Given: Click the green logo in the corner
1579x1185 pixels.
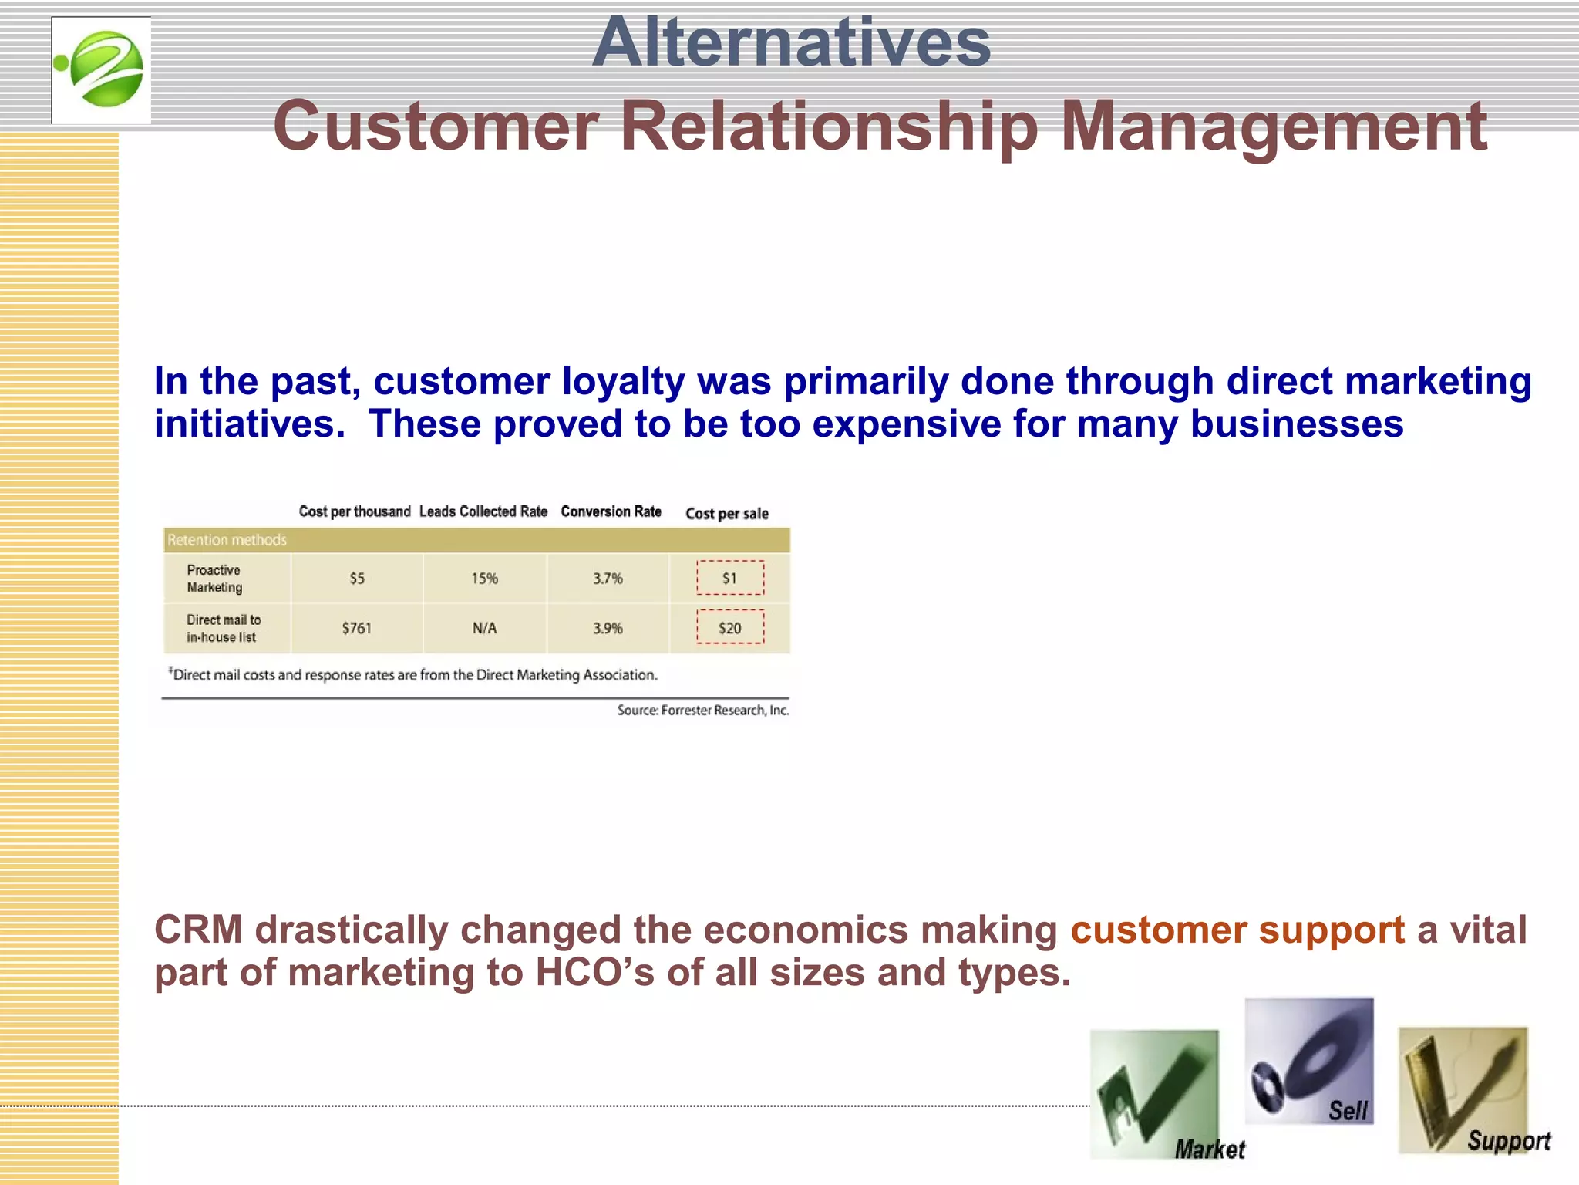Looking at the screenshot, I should [x=101, y=70].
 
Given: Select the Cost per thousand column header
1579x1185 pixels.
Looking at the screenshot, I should [x=355, y=511].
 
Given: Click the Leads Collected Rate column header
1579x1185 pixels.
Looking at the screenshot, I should [x=483, y=511].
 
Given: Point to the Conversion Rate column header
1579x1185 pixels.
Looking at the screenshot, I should [x=611, y=511].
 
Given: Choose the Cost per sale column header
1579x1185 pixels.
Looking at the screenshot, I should [x=726, y=514].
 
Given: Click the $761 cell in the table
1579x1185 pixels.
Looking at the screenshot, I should [x=356, y=628].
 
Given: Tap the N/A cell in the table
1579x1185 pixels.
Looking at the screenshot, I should [x=484, y=628].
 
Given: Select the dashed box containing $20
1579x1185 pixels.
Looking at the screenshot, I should [x=729, y=627].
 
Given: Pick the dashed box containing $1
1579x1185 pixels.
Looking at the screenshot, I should [x=729, y=578].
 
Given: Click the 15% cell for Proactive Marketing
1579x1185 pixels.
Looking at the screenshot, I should [x=484, y=579].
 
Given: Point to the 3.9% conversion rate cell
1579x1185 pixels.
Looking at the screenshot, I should [x=608, y=628].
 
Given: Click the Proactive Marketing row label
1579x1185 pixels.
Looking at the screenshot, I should [x=214, y=579].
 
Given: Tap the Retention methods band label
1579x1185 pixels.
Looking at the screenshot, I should [x=227, y=540].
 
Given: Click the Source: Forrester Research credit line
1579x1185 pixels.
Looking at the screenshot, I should [x=702, y=710].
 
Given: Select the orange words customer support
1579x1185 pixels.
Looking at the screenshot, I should [x=1237, y=930].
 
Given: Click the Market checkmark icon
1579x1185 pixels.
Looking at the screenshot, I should [x=1154, y=1094].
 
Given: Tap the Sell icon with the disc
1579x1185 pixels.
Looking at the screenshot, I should [x=1308, y=1061].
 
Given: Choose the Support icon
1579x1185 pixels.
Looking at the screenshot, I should [x=1463, y=1090].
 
